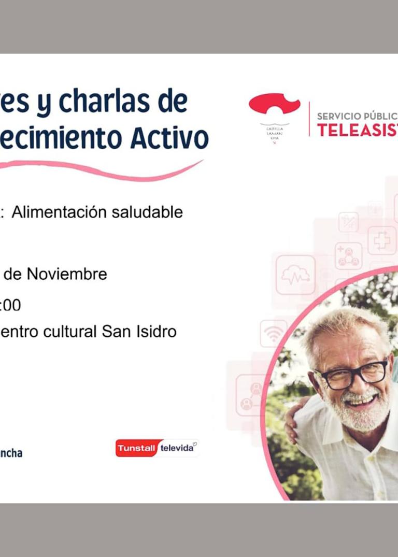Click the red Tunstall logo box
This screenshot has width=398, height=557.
pos(136,448)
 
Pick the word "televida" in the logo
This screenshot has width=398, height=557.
pos(177,448)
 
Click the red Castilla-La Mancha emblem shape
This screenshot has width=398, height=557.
pos(274,104)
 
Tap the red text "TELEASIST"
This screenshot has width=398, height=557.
pos(357,130)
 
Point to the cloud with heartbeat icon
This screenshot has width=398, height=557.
pos(295,275)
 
